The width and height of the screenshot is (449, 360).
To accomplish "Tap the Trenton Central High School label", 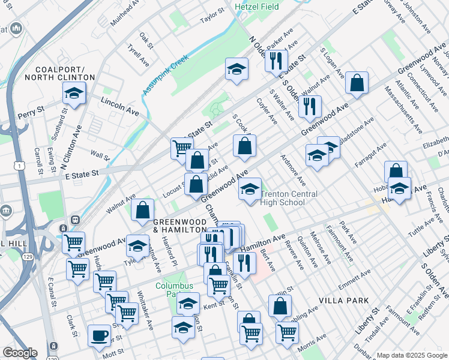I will [x=291, y=199].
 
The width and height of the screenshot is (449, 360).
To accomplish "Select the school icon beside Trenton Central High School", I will [x=250, y=190].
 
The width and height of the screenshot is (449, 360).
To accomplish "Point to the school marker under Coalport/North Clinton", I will [x=74, y=94].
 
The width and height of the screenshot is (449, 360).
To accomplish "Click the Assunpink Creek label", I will [x=165, y=74].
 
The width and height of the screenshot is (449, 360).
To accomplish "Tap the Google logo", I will [x=20, y=353].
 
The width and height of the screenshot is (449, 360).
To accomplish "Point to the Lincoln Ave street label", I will [x=119, y=106].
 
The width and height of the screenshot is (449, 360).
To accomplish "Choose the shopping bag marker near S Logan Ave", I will [x=357, y=85].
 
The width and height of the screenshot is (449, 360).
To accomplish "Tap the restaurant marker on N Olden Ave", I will [x=276, y=62].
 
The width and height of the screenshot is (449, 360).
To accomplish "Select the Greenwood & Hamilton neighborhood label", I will [x=179, y=226].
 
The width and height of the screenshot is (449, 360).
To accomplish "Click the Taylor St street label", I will [x=212, y=15].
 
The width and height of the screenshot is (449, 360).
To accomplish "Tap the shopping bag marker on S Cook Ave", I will [x=244, y=146].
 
